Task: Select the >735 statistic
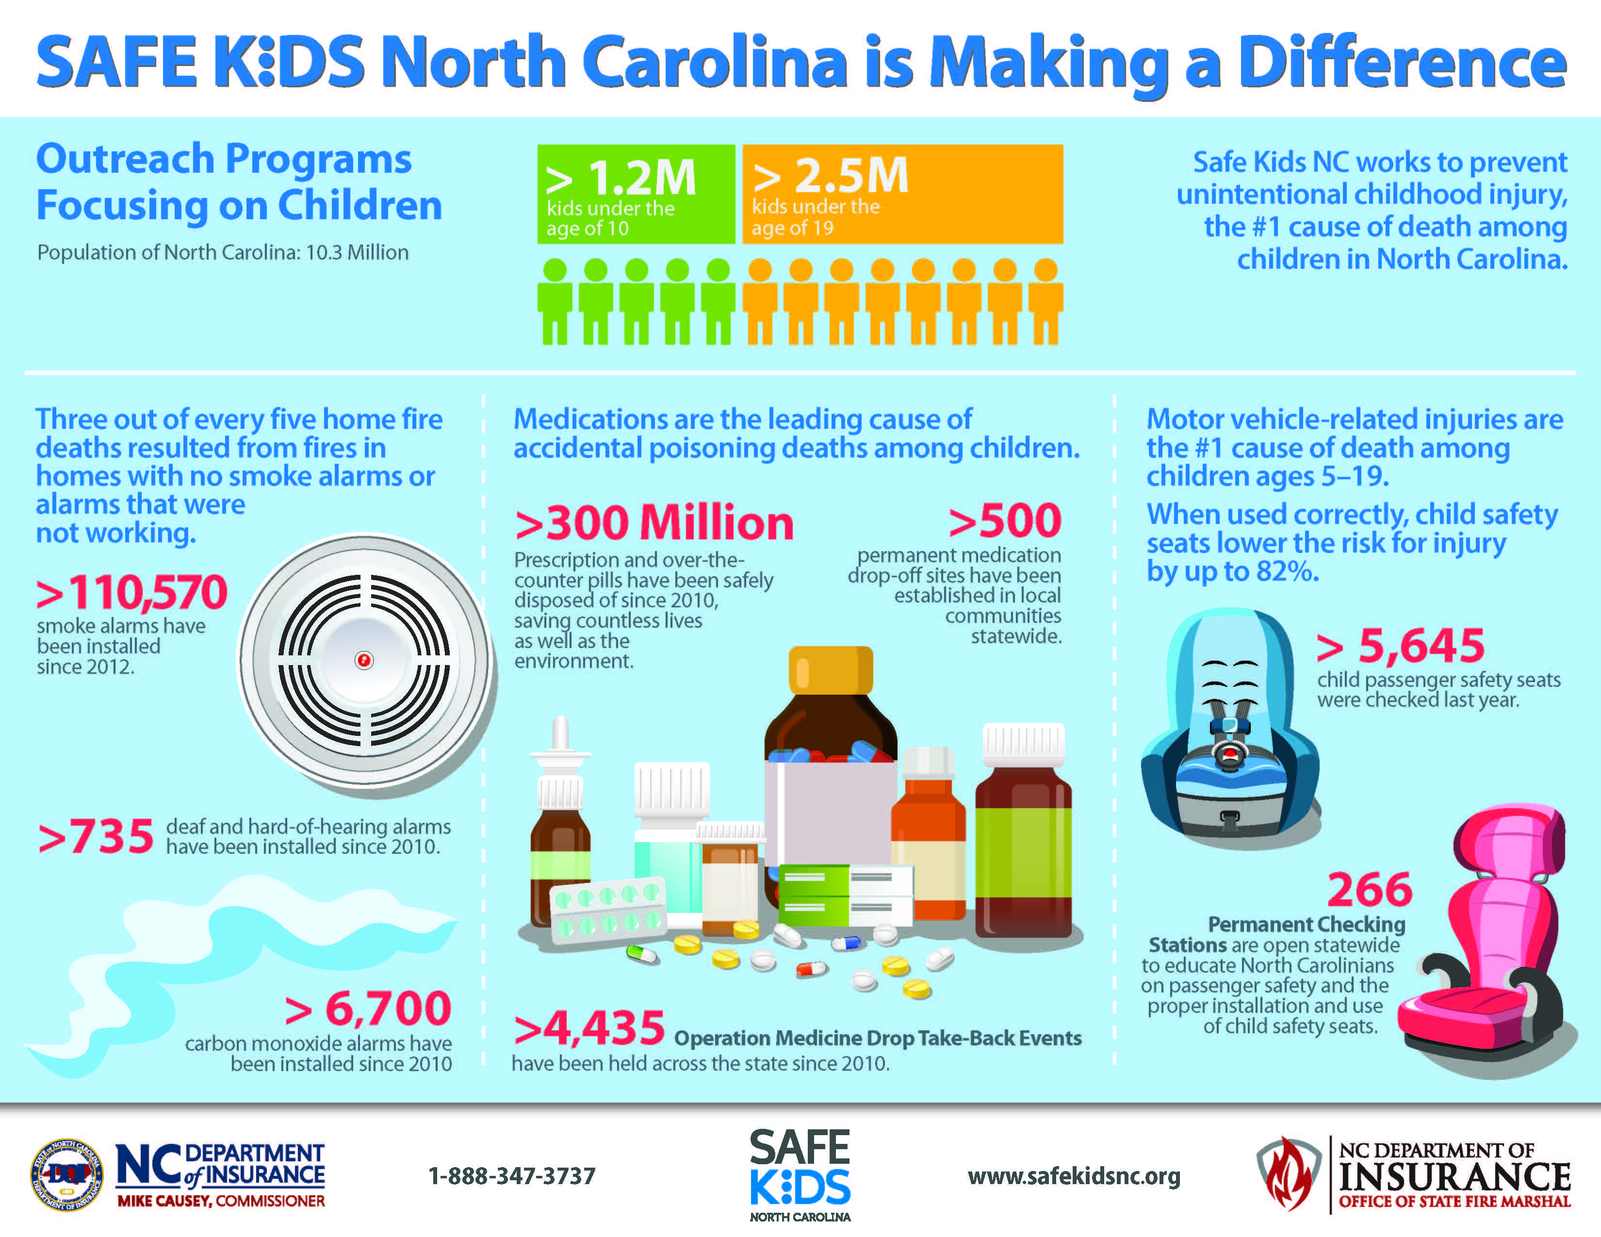tap(96, 836)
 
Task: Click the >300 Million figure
tap(654, 523)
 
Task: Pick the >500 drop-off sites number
tap(1004, 521)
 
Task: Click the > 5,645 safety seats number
tap(1400, 646)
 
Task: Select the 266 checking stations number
tap(1370, 890)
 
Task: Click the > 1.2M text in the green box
tap(621, 178)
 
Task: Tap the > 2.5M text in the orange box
tap(831, 176)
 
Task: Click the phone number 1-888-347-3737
tap(512, 1177)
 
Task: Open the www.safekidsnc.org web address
tap(1074, 1177)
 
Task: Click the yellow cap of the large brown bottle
tap(831, 669)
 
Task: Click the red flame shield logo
tap(1287, 1175)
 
